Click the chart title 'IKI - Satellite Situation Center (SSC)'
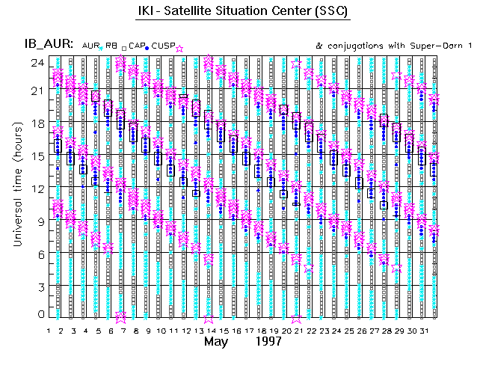(243, 13)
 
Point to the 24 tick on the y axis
(35, 62)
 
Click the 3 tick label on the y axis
(37, 285)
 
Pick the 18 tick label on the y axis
(35, 123)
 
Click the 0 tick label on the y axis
(37, 315)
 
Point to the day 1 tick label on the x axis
(49, 331)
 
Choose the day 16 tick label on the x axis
(236, 331)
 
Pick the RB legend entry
(111, 46)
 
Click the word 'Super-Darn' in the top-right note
(426, 46)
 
